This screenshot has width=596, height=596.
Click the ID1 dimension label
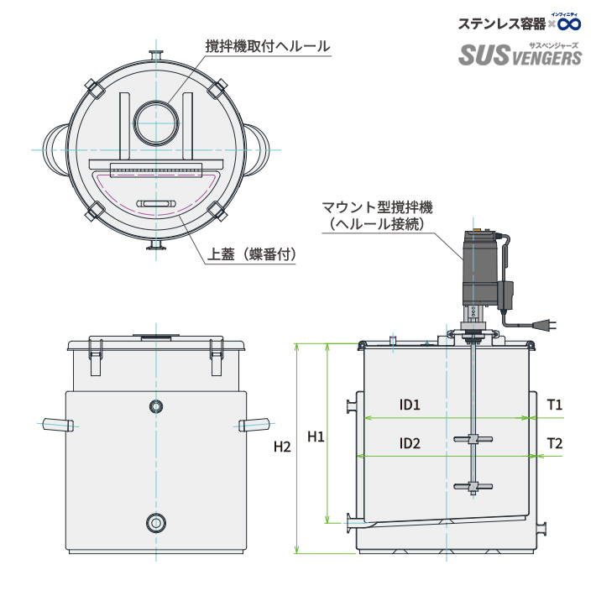pyautogui.click(x=410, y=405)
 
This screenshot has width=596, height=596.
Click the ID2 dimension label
pyautogui.click(x=410, y=444)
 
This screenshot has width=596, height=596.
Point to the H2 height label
pyautogui.click(x=282, y=447)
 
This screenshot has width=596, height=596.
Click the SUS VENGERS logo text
pyautogui.click(x=520, y=55)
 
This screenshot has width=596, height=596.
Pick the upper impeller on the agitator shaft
pyautogui.click(x=473, y=439)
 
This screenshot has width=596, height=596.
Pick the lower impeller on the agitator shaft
pyautogui.click(x=473, y=486)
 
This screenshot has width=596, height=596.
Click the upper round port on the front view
pyautogui.click(x=156, y=407)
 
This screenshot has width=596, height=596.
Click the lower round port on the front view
pyautogui.click(x=156, y=523)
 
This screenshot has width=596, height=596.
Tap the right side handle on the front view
pyautogui.click(x=256, y=422)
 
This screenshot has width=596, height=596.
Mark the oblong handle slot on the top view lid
pyautogui.click(x=156, y=204)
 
